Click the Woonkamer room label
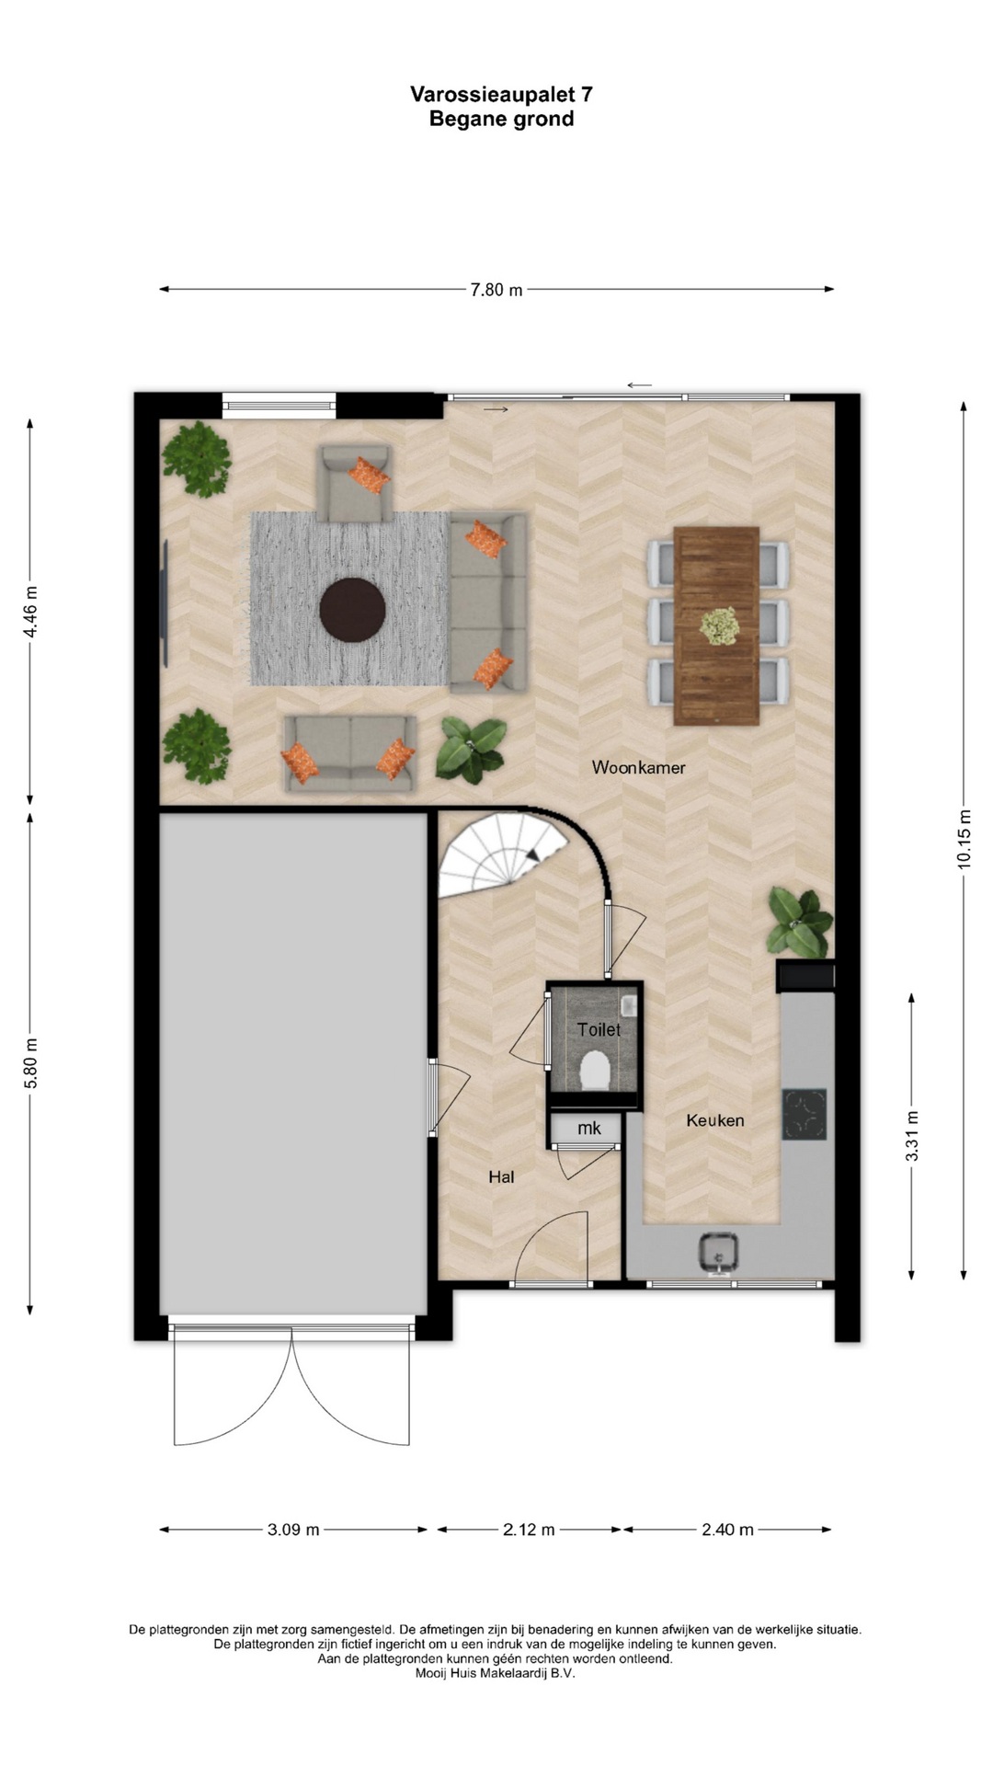tap(638, 767)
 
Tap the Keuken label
tap(714, 1120)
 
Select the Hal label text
tap(501, 1176)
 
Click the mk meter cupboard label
tap(588, 1129)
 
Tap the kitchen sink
tap(718, 1253)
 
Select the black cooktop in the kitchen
tap(805, 1114)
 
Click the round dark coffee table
tap(352, 608)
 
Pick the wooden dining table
tap(716, 625)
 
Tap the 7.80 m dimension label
tap(496, 290)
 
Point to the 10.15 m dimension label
tap(964, 839)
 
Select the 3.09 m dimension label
tap(293, 1530)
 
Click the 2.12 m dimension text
tap(529, 1530)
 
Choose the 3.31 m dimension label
tap(912, 1136)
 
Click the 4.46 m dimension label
tap(30, 612)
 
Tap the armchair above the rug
tap(354, 483)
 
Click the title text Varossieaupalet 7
tap(501, 94)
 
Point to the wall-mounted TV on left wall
tap(165, 604)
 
